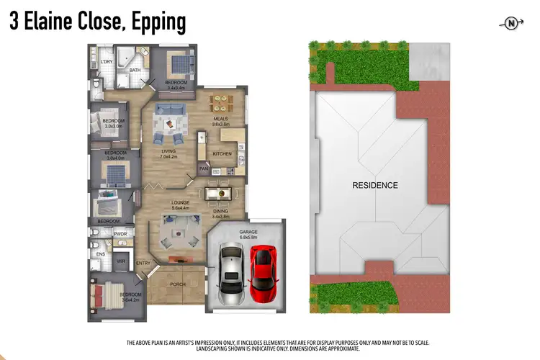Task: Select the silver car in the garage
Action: [232, 273]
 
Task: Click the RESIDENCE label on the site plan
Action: [374, 185]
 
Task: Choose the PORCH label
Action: [177, 284]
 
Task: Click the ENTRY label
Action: [143, 263]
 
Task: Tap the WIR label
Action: [121, 261]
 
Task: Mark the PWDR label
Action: [120, 233]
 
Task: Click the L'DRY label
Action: [107, 62]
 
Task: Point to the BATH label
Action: [135, 70]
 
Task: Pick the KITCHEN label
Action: [222, 154]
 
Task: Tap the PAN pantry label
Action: [204, 169]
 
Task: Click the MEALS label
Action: [220, 119]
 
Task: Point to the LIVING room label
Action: [169, 150]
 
